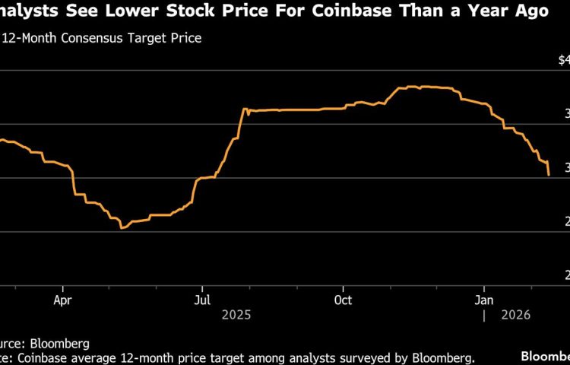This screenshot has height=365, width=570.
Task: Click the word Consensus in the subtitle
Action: click(x=89, y=37)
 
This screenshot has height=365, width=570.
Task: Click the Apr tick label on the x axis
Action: click(x=63, y=300)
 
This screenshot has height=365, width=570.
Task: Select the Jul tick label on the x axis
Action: click(x=202, y=300)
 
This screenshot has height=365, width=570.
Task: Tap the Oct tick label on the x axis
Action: click(x=343, y=300)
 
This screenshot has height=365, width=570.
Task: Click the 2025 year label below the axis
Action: click(x=236, y=314)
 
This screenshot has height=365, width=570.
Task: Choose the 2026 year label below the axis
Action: click(x=515, y=314)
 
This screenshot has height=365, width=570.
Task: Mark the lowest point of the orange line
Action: click(x=122, y=227)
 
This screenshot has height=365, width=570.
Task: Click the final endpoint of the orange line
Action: click(x=549, y=175)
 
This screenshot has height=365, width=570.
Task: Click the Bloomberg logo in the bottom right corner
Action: click(x=545, y=356)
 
